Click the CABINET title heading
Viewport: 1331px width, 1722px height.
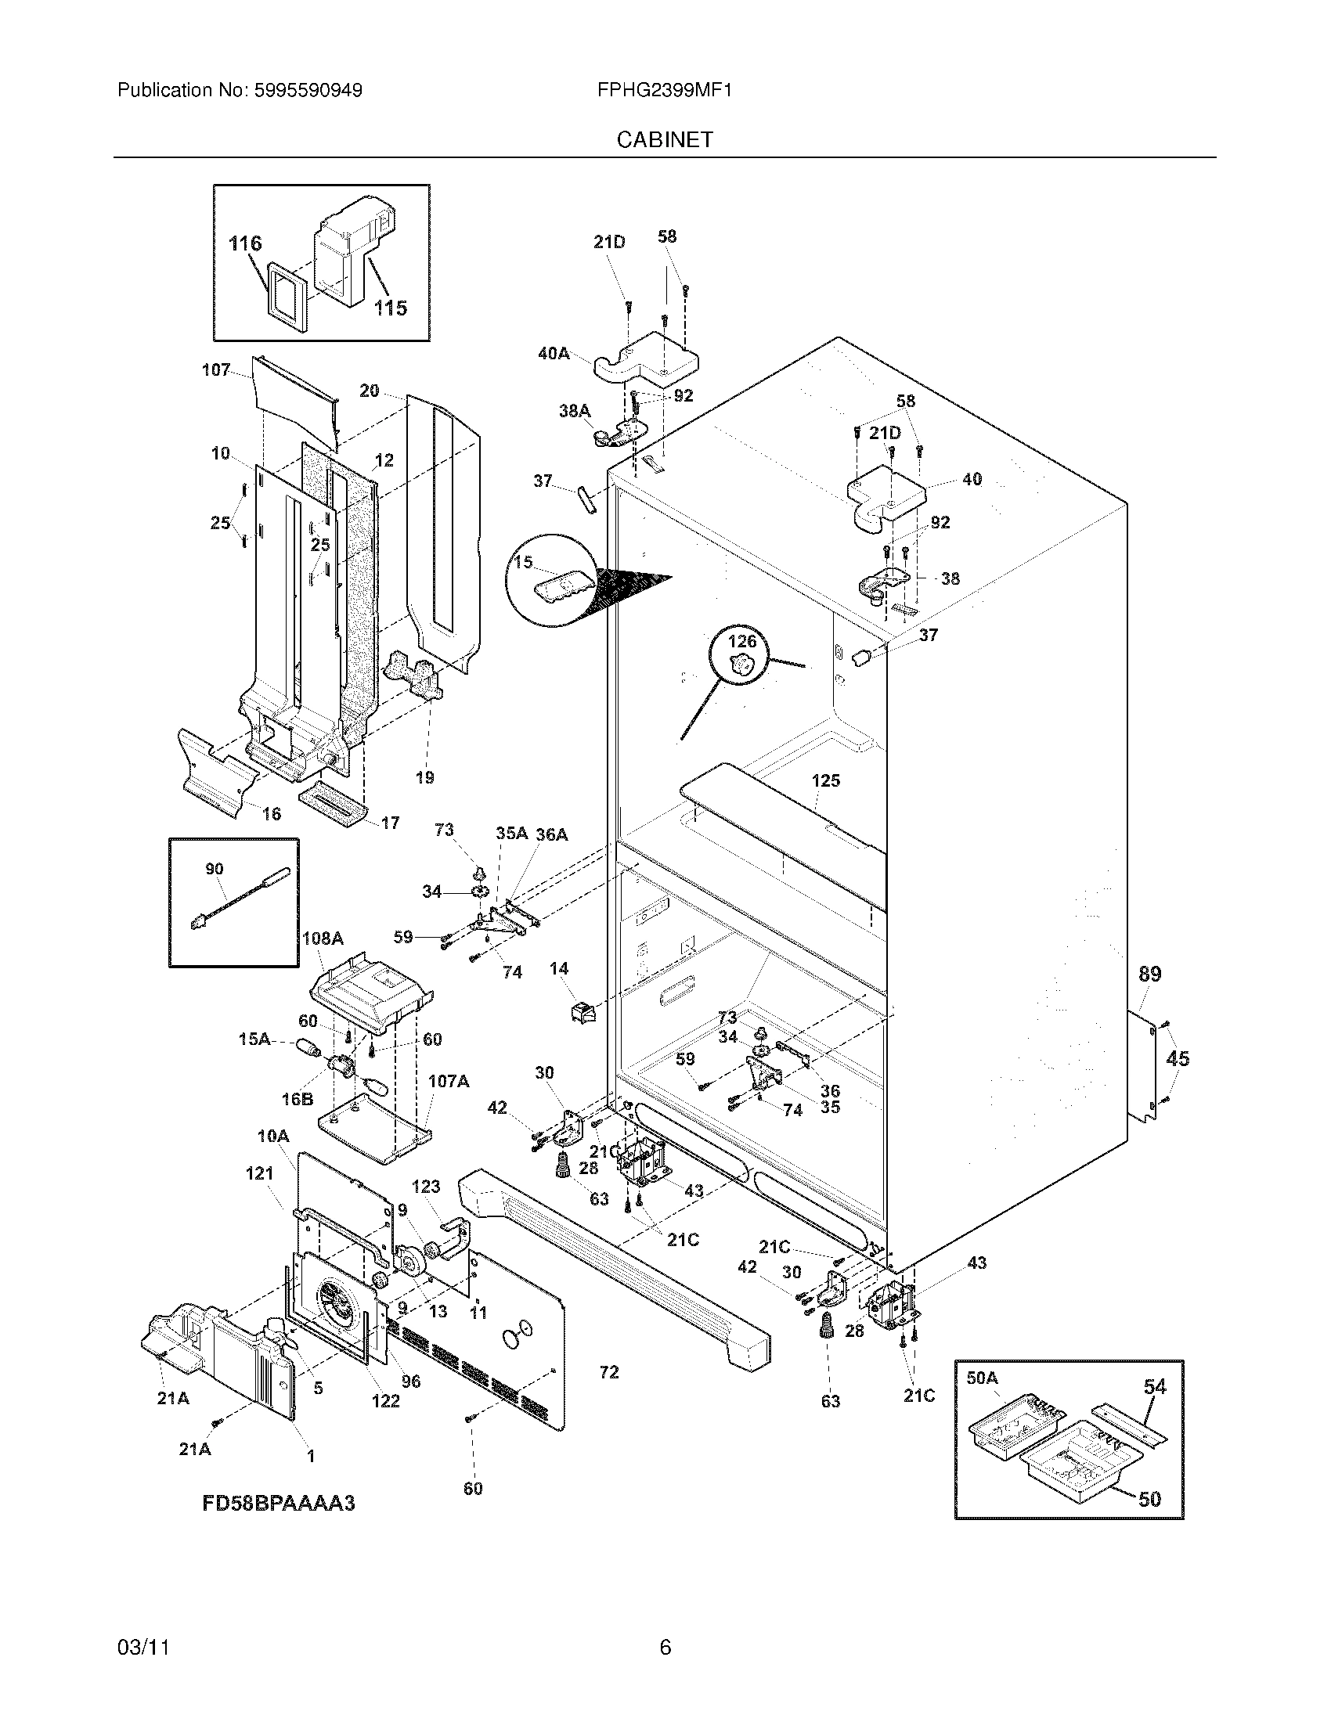tap(664, 139)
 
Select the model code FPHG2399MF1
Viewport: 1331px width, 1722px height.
tap(664, 91)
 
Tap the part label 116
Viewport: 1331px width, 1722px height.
tap(244, 243)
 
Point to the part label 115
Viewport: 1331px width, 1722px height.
tap(391, 308)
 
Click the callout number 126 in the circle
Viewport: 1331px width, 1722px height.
tap(741, 641)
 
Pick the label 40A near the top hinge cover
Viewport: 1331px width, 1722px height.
tap(553, 354)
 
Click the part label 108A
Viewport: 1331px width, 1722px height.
tap(323, 938)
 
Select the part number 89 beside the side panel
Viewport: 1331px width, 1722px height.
tap(1149, 974)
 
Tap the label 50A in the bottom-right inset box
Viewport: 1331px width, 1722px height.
tap(982, 1378)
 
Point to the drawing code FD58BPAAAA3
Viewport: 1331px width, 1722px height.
tap(279, 1504)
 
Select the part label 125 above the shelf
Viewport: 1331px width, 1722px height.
tap(825, 780)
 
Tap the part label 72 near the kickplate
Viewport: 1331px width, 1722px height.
tap(608, 1372)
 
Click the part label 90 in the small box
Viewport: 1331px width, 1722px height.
tap(214, 868)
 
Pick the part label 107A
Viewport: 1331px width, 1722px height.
tap(448, 1081)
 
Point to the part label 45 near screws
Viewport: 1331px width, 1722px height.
tap(1177, 1058)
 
